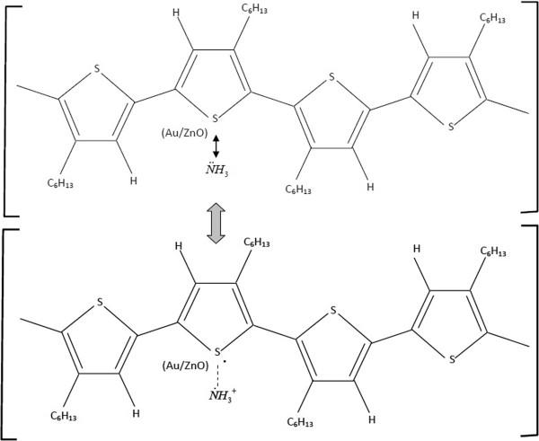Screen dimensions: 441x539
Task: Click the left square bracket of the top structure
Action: pos(11,108)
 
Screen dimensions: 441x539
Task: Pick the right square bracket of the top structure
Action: pos(528,108)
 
